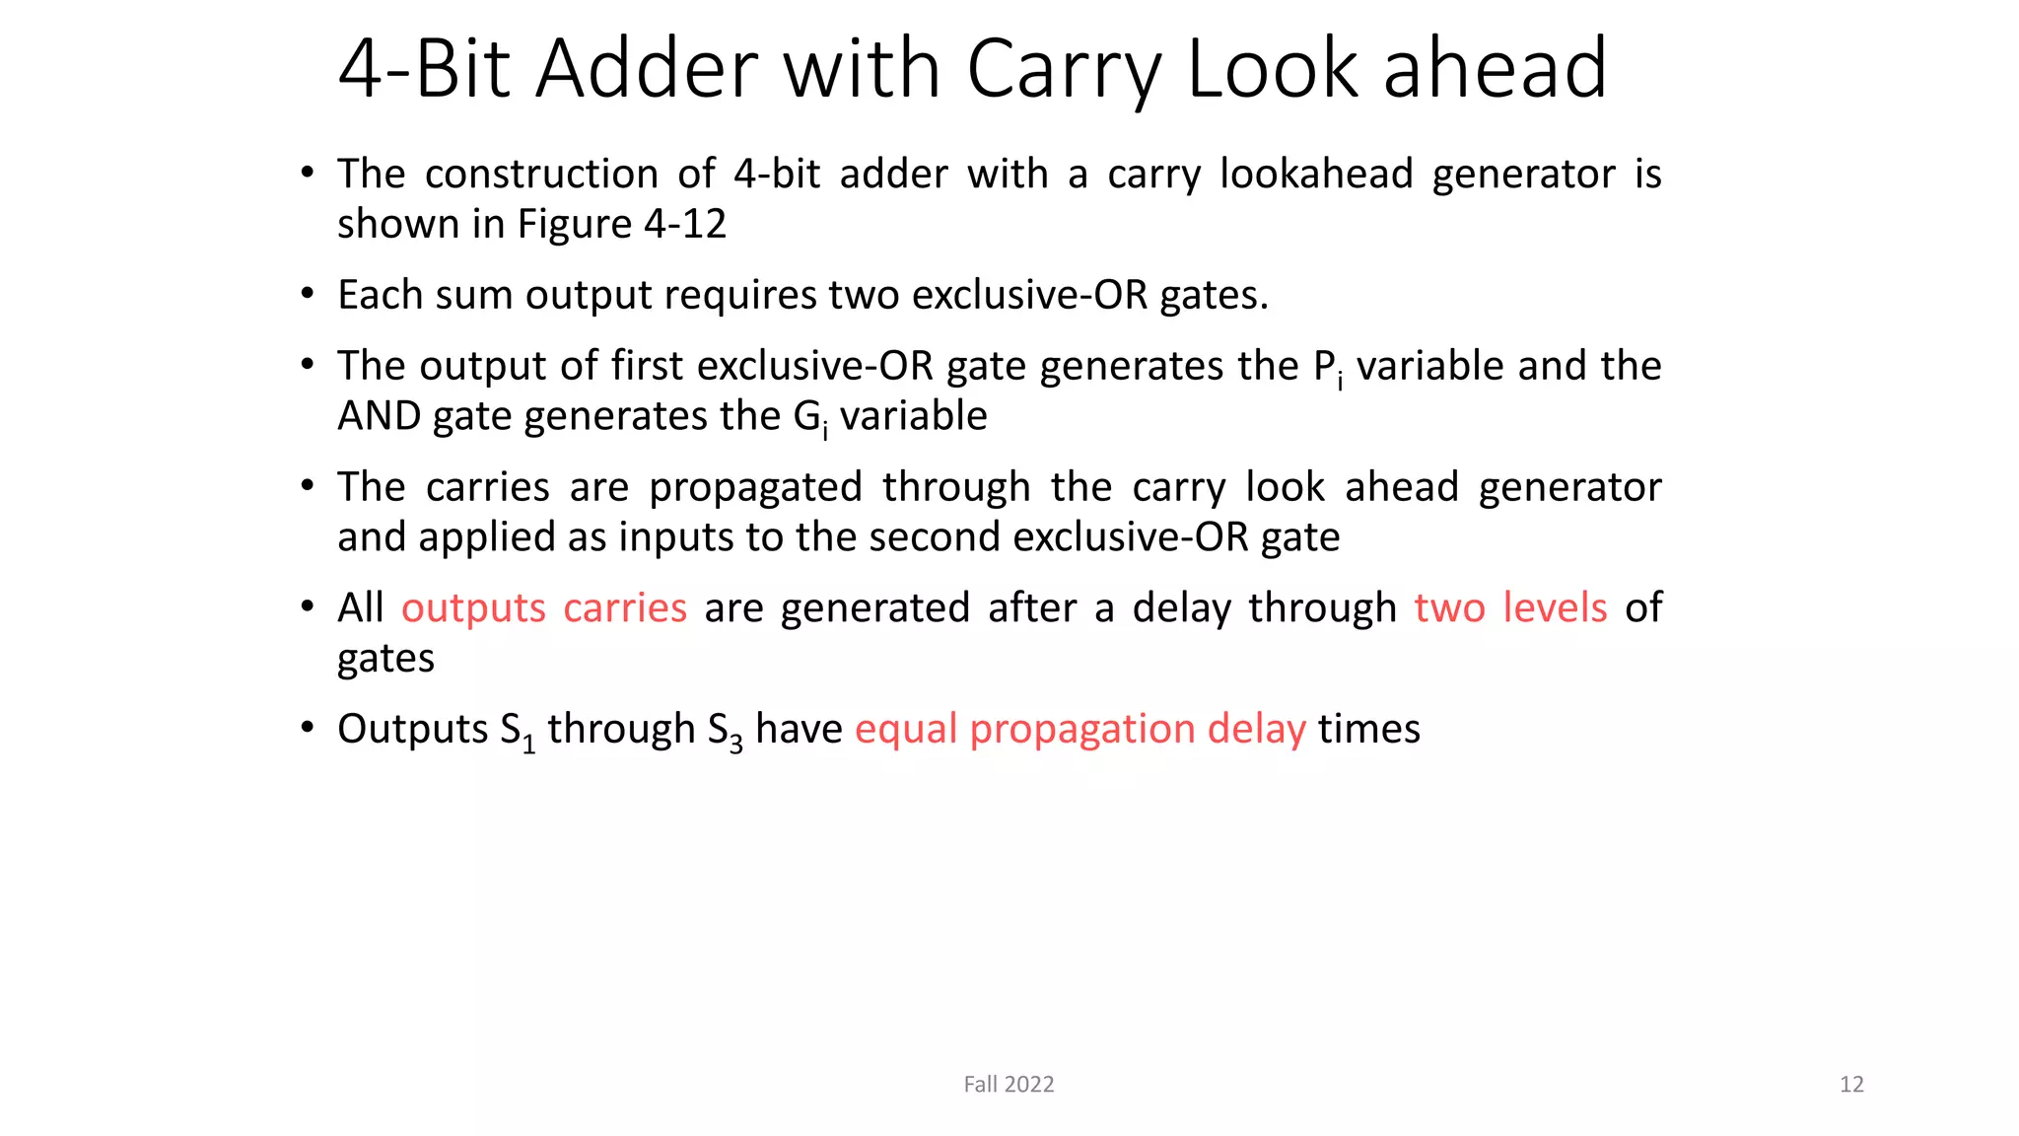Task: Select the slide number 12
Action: coord(1851,1085)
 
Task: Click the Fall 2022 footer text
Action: coord(1009,1085)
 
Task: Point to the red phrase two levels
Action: coord(1510,607)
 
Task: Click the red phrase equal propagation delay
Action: coord(1079,729)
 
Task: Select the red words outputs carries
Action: coord(543,607)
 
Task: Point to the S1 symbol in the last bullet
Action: coord(517,731)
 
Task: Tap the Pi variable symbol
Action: coord(1327,367)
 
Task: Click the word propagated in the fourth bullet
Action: coord(755,487)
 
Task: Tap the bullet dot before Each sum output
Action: coord(308,293)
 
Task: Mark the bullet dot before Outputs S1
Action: coord(308,728)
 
